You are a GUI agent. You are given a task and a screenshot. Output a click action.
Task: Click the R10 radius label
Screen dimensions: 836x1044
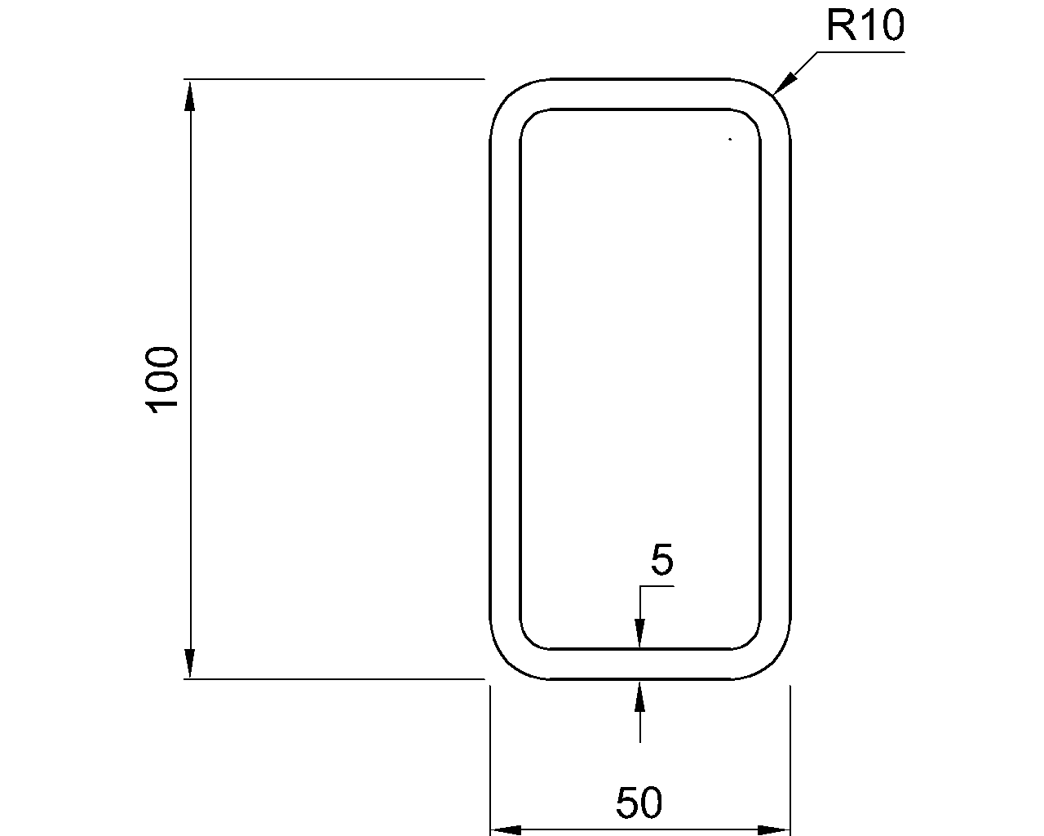point(865,26)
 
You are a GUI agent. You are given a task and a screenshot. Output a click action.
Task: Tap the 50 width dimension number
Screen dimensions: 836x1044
point(639,803)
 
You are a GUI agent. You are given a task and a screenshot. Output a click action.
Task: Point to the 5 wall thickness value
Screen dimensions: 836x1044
point(661,561)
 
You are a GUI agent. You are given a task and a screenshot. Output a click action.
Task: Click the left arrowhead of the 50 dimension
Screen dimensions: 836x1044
point(506,830)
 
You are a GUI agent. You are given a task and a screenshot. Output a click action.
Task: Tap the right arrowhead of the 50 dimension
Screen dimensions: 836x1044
point(774,830)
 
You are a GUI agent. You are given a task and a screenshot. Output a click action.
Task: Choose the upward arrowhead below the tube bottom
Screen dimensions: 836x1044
point(640,695)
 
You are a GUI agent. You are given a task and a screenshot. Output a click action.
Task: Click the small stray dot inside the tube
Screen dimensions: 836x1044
point(730,140)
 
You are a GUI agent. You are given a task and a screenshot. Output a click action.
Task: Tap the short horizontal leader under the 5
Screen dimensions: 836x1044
point(657,586)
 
